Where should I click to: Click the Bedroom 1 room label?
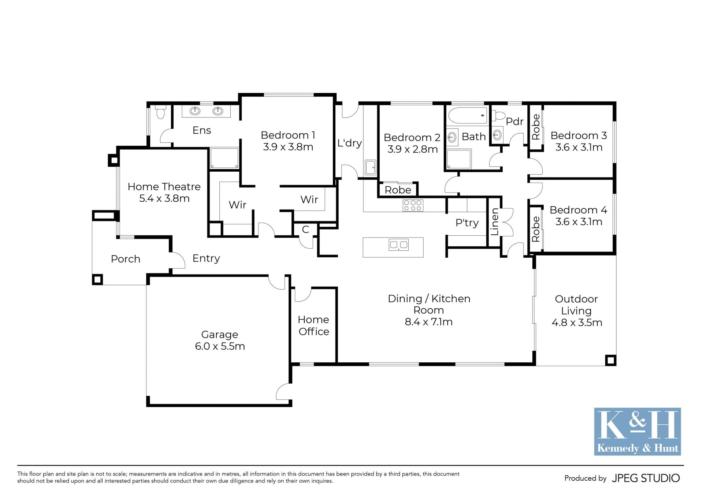point(288,135)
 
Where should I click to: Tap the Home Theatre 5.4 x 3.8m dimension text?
point(164,198)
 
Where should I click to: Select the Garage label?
point(220,335)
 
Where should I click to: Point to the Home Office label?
point(313,325)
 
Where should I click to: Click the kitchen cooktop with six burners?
point(413,205)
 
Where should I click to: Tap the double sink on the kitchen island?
point(399,245)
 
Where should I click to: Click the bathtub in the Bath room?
point(468,115)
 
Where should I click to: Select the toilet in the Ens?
point(160,112)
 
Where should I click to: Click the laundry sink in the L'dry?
point(370,167)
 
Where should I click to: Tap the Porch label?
point(126,259)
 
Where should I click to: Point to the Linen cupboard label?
point(495,221)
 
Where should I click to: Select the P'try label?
point(467,223)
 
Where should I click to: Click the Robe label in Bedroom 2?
point(398,190)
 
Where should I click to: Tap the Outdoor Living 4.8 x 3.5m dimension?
point(577,322)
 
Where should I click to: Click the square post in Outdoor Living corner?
point(610,360)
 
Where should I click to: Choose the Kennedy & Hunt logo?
point(637,432)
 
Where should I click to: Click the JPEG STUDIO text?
point(646,478)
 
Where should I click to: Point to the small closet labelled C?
point(305,230)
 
